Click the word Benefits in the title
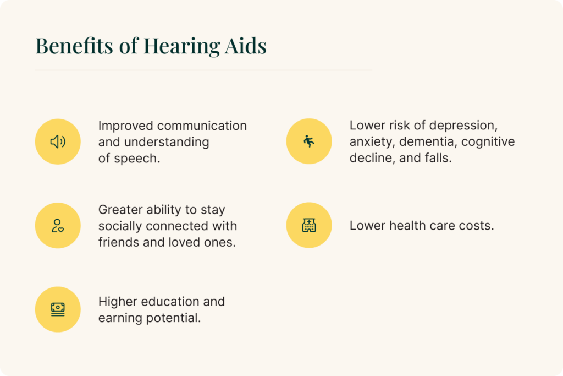[74, 46]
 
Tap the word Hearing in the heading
[181, 47]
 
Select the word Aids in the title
[246, 46]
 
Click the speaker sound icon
[58, 141]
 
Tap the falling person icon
[309, 141]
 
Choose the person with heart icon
[58, 226]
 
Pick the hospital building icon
[309, 225]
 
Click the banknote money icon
[58, 309]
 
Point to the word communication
[202, 126]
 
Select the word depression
[463, 126]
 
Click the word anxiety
[372, 142]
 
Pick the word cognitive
[488, 141]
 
